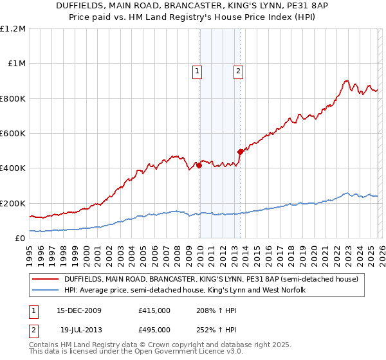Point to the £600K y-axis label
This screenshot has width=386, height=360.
click(13, 134)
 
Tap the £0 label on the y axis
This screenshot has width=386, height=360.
click(20, 239)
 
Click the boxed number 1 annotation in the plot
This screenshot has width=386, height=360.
click(197, 71)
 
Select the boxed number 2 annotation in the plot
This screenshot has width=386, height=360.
click(238, 71)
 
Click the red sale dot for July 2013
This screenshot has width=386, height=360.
click(240, 152)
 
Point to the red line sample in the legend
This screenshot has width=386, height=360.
click(46, 279)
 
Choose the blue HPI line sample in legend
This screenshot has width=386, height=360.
click(46, 290)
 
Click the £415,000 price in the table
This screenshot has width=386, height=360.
click(154, 310)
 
